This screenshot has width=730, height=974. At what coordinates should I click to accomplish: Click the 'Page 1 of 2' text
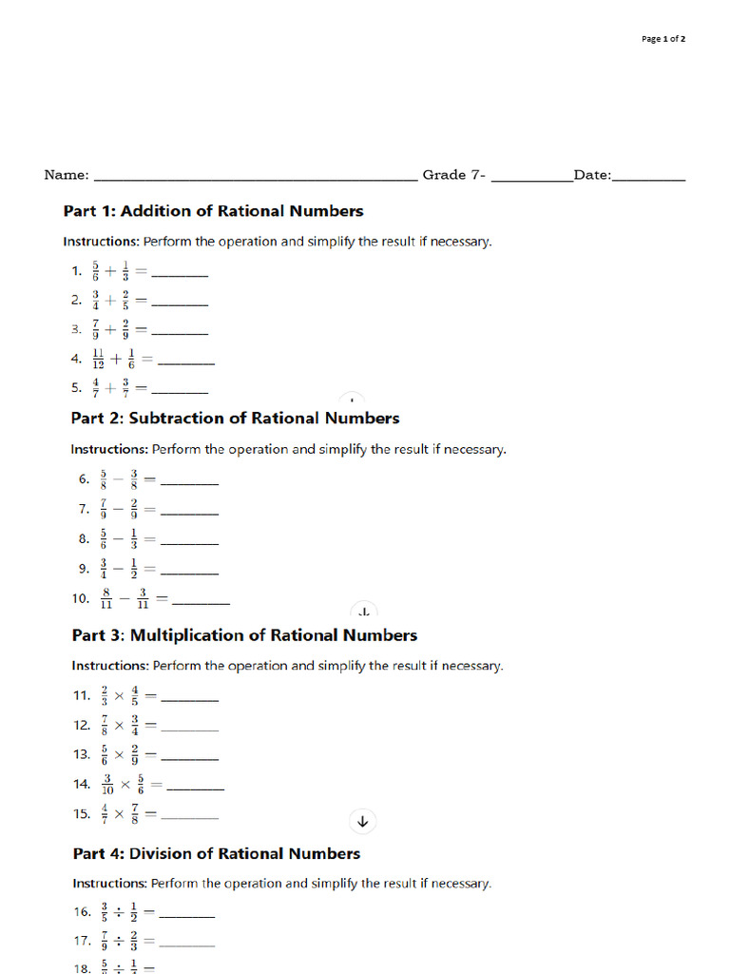[663, 39]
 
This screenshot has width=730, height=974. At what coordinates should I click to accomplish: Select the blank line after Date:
[649, 178]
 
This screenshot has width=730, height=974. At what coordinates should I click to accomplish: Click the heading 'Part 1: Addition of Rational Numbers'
[213, 211]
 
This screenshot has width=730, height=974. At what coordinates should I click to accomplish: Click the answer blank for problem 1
[180, 276]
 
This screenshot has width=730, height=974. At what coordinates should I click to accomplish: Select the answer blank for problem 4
[185, 363]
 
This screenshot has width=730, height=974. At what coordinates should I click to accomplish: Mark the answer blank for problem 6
[190, 484]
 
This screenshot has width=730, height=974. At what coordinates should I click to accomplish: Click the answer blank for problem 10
[201, 604]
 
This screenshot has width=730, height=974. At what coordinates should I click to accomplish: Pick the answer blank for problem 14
[195, 789]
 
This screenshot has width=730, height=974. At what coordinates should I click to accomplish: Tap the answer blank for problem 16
[186, 916]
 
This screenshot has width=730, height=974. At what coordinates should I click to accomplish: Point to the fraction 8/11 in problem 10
[106, 599]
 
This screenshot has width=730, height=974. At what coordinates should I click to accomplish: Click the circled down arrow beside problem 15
[362, 821]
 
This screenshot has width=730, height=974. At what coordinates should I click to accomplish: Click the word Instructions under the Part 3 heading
[109, 666]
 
